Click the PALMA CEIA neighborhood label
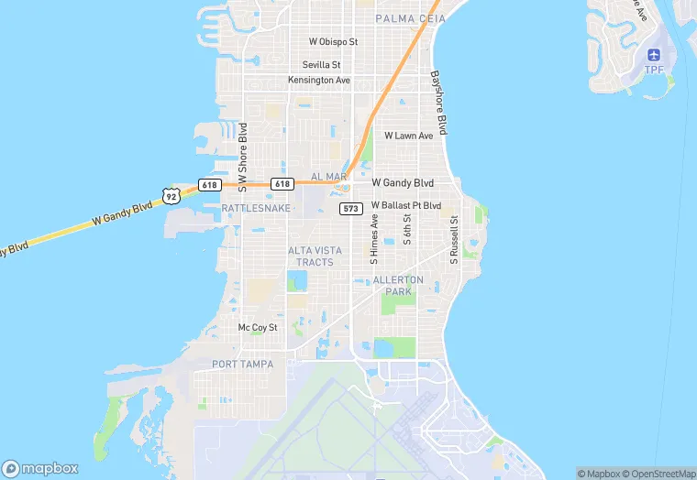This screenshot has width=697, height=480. point(410,18)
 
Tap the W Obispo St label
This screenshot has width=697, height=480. point(333,42)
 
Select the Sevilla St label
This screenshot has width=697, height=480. point(322,65)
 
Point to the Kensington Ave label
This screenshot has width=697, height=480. point(319,80)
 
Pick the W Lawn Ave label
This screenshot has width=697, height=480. point(408,136)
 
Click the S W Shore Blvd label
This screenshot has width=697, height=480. point(243,158)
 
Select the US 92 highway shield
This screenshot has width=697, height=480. point(171,194)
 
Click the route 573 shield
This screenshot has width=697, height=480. point(350,209)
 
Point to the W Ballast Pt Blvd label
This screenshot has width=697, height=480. point(405,205)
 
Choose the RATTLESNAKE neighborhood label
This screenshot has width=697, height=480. point(256,209)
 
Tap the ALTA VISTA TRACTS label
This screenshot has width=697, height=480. point(315,256)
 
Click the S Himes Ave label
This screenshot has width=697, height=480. point(374,238)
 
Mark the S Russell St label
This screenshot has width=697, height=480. point(453,240)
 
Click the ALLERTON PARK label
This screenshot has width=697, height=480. point(399,286)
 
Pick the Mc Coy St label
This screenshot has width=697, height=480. point(257,327)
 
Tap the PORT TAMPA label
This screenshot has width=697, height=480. point(242,364)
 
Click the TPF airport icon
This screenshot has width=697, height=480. point(654,57)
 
